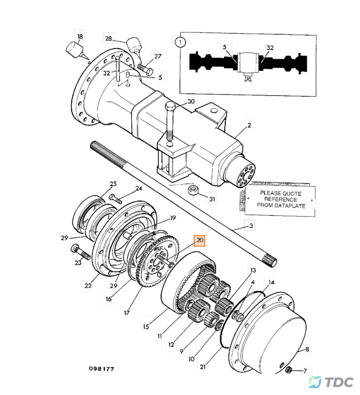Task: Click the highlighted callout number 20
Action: point(199,240)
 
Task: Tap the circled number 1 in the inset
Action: point(180,42)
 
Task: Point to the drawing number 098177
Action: point(101,369)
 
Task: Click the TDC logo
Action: point(331,382)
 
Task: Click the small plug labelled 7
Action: point(289,370)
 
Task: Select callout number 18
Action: point(80,36)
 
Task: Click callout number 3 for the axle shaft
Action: point(251,226)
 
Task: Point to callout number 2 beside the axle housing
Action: point(249,125)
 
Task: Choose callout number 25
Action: point(113,184)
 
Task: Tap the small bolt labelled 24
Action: point(116,199)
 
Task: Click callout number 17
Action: point(127,313)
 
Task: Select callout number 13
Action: point(253,270)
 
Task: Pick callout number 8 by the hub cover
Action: point(307,349)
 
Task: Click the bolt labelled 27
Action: point(145,70)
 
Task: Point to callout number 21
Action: point(203,367)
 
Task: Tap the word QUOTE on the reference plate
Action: point(292,194)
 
